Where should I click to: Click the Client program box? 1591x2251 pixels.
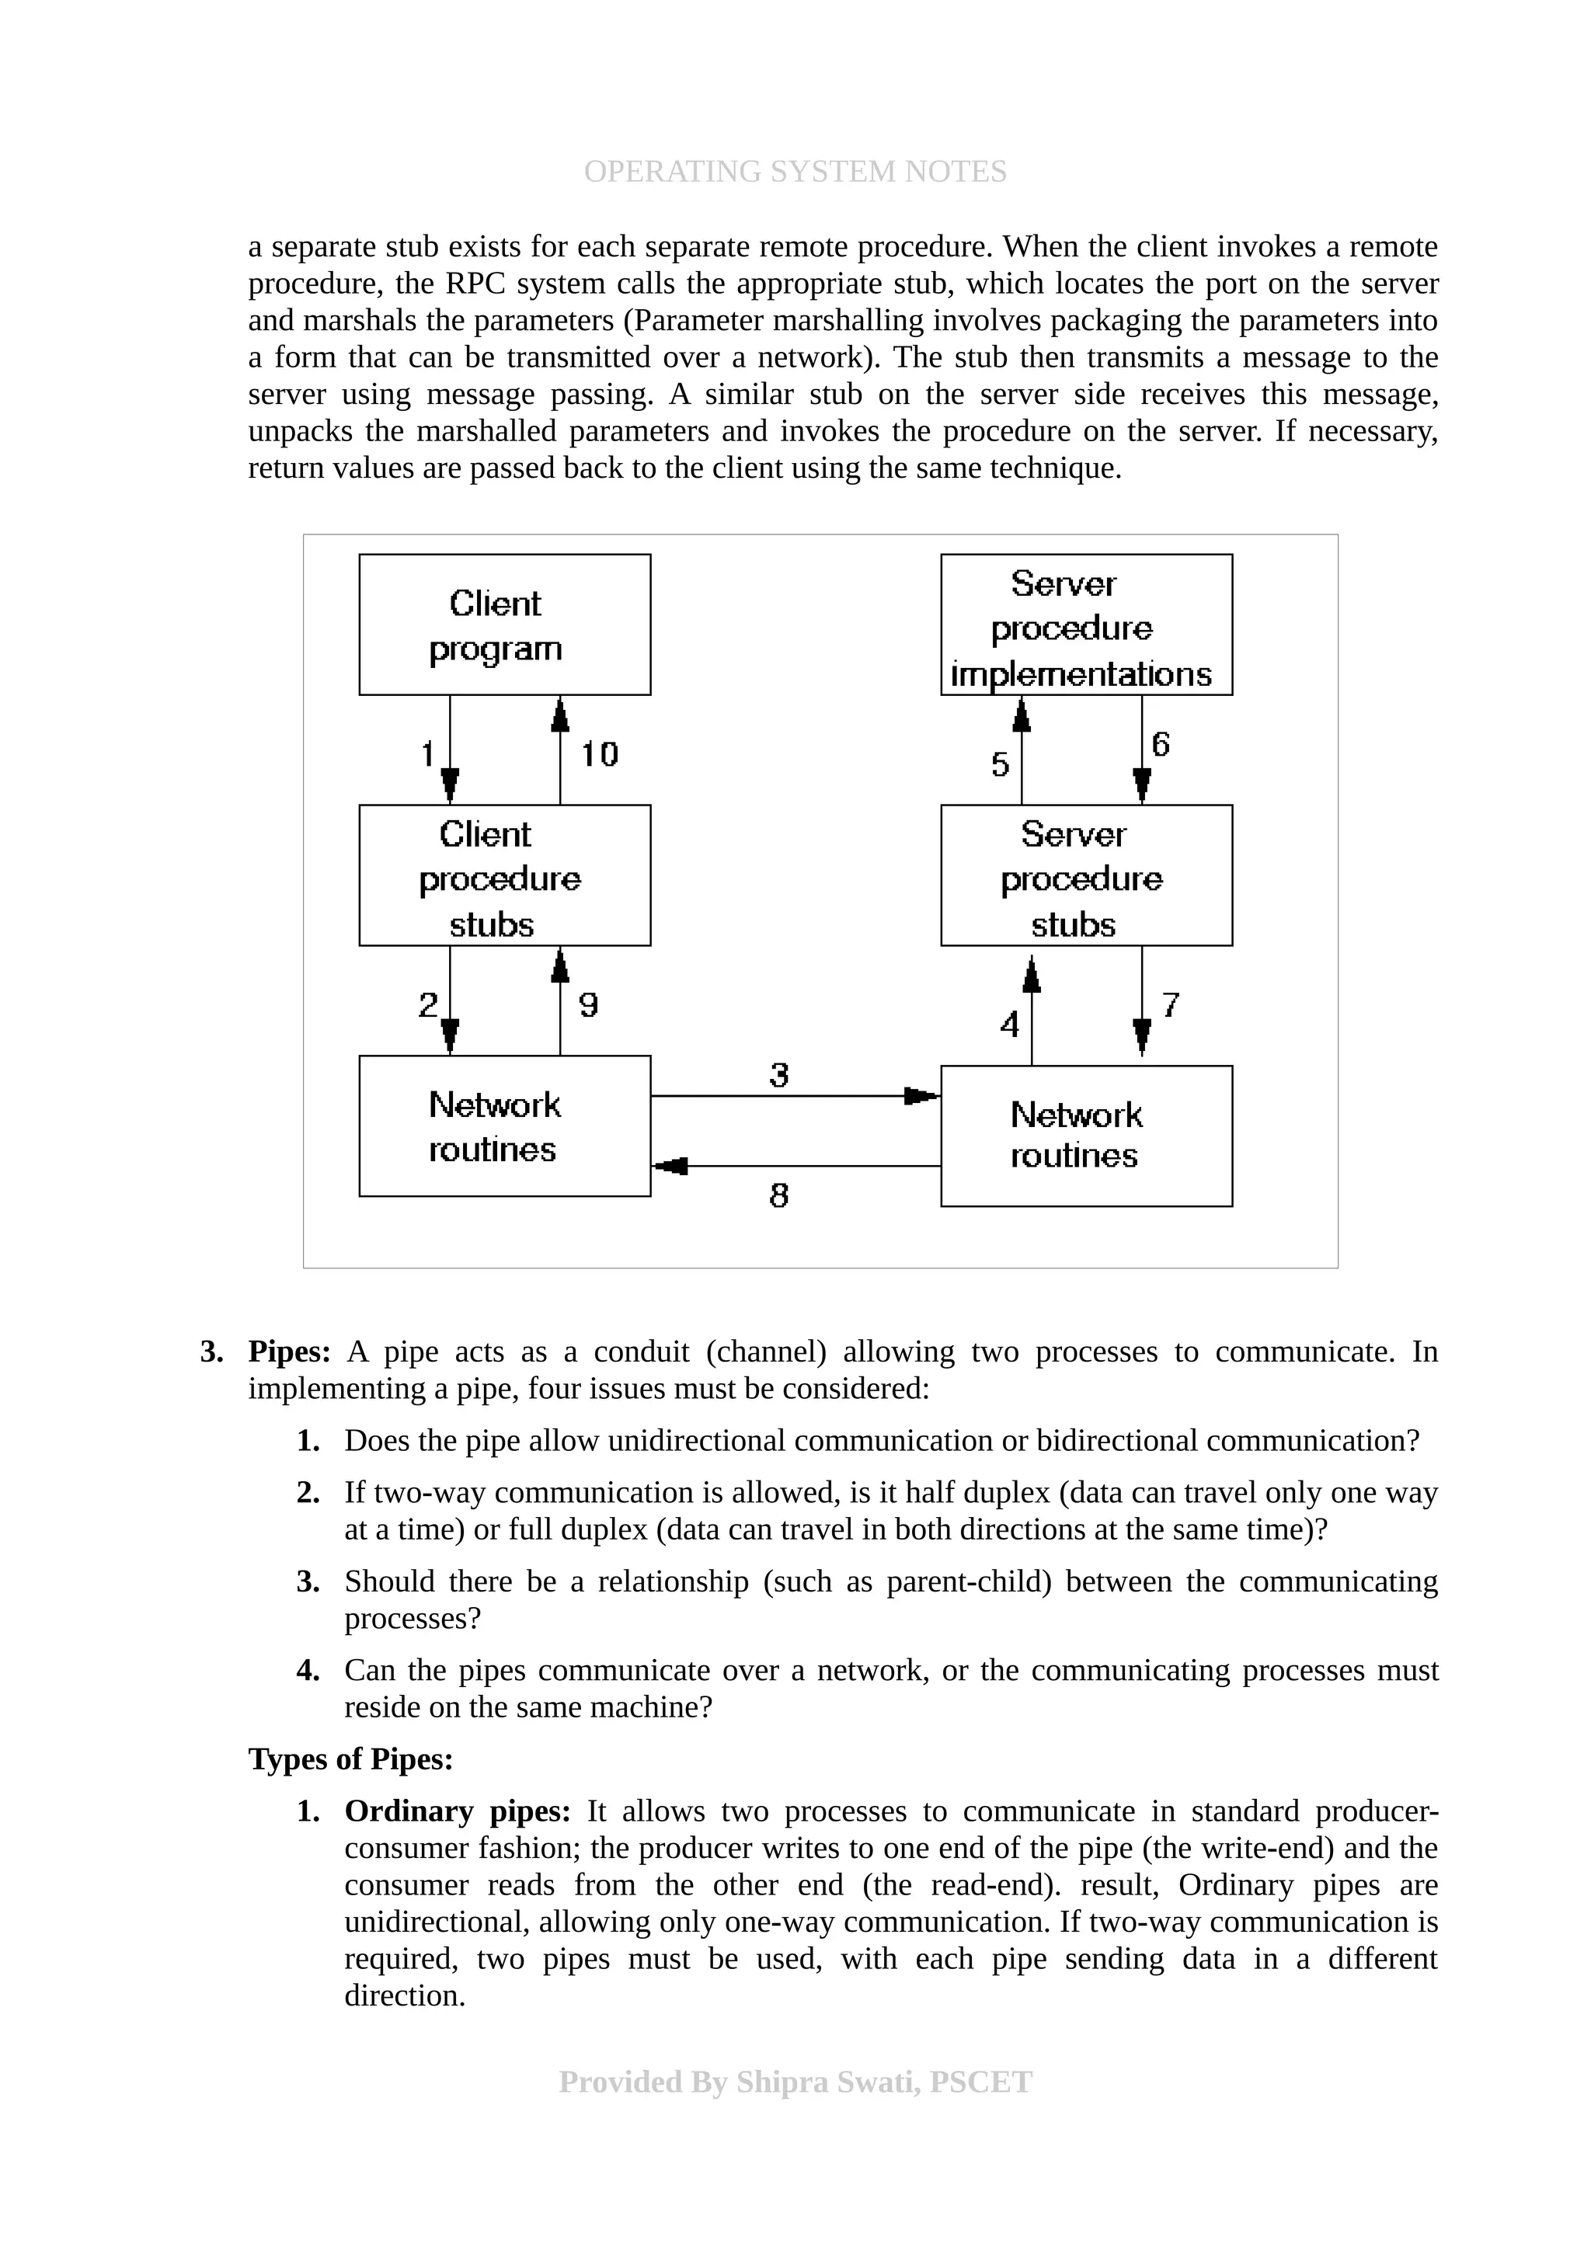coord(504,625)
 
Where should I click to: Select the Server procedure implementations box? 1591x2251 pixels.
coord(1085,625)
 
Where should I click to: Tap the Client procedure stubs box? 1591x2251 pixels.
coord(504,875)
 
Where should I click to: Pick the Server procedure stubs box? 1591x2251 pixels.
coord(1085,875)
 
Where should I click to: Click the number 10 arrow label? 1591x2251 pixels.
coord(599,754)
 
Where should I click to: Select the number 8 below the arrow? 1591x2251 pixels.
coord(778,1195)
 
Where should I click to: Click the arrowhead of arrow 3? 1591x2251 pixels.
coord(921,1095)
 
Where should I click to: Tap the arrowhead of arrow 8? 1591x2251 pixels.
coord(671,1166)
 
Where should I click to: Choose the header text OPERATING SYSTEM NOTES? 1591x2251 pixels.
coord(795,172)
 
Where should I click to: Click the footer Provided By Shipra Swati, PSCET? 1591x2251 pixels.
coord(795,2082)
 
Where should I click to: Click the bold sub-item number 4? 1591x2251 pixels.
coord(308,1670)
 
